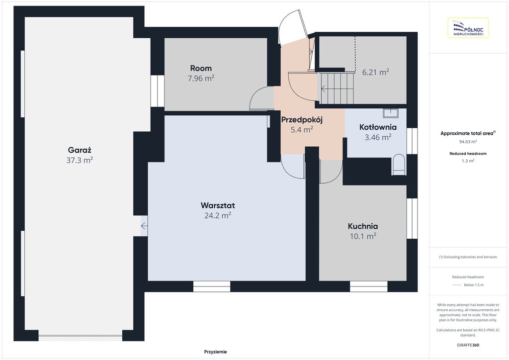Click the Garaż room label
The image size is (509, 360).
click(x=80, y=150)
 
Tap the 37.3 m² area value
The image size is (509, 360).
click(x=80, y=160)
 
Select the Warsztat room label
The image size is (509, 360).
click(x=218, y=205)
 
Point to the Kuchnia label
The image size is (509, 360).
click(x=363, y=226)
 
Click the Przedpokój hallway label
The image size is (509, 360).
click(x=302, y=120)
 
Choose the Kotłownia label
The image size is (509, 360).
click(x=378, y=127)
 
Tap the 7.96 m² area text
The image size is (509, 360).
click(x=201, y=78)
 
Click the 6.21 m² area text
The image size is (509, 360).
click(x=376, y=72)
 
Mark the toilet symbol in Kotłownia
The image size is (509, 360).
click(x=399, y=165)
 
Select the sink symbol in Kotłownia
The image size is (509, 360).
click(x=391, y=113)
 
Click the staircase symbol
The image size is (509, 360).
click(x=337, y=89)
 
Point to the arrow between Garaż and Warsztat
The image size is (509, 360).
click(x=144, y=226)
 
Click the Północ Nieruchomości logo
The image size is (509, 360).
click(x=468, y=28)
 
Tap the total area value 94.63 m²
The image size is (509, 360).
click(x=468, y=142)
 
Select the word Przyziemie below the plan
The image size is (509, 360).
click(x=216, y=352)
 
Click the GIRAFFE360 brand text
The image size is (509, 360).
click(x=468, y=345)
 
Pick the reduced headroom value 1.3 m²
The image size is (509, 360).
click(x=468, y=161)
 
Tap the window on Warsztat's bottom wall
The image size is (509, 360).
click(x=212, y=286)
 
